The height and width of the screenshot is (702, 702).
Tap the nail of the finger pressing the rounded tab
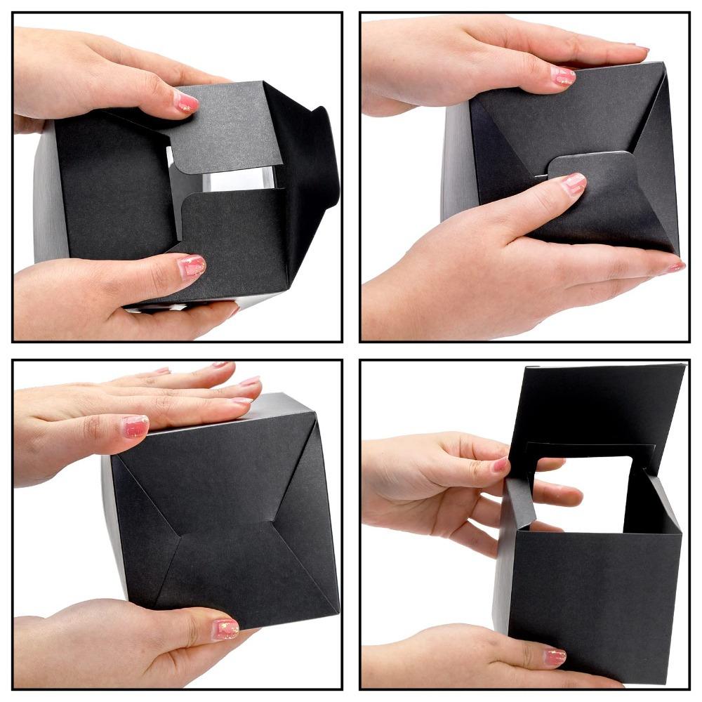tap(574, 184)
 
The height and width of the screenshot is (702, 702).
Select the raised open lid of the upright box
tap(597, 407)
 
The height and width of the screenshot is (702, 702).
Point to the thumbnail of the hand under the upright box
tap(555, 657)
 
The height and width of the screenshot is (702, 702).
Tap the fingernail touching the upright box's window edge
tap(501, 465)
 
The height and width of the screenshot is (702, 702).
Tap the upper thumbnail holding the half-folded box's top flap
tap(186, 103)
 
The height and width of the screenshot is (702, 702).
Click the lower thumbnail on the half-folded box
tap(191, 266)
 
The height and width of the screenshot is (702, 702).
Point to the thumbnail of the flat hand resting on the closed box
tap(135, 425)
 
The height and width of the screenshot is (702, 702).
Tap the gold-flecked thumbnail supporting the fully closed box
tap(225, 628)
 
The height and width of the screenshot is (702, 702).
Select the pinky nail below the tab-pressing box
tap(675, 267)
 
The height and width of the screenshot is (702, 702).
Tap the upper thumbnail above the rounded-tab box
tap(565, 76)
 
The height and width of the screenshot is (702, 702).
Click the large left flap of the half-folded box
tap(112, 183)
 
